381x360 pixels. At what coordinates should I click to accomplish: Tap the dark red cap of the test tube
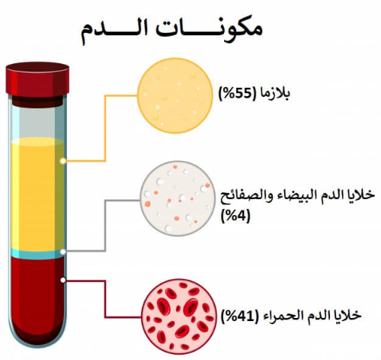37,79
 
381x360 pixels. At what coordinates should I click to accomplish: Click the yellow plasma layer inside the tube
37,194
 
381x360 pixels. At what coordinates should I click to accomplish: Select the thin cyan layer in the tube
37,254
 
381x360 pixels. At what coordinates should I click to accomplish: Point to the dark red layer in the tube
37,297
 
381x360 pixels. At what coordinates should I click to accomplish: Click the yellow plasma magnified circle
175,95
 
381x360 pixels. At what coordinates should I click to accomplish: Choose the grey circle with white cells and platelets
178,198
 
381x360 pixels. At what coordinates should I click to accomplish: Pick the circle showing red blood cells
179,317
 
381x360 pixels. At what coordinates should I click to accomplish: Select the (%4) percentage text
235,217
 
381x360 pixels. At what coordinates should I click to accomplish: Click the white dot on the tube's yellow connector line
63,161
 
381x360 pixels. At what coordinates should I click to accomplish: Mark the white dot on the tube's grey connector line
63,252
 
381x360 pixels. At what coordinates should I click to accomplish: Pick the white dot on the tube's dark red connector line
63,280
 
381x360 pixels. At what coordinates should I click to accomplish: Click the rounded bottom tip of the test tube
37,347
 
